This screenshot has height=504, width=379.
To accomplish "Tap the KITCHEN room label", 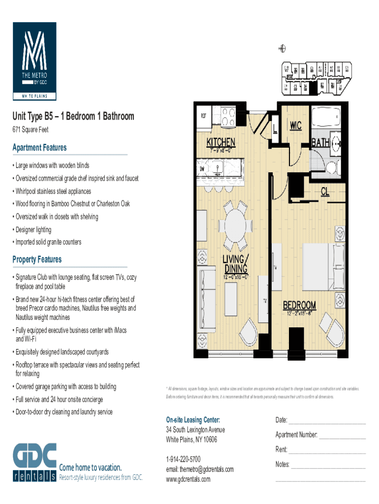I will click(221, 143).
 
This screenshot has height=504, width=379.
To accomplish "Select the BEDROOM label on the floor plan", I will click(299, 305).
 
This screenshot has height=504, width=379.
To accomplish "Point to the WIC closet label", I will click(296, 126).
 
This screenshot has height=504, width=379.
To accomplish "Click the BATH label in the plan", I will click(320, 143).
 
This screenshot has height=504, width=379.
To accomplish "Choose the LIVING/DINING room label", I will click(236, 264).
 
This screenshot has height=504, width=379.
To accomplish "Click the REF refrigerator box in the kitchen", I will click(203, 116).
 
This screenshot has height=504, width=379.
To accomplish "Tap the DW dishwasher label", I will click(202, 168).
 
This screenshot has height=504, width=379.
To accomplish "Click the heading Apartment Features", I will click(39, 148).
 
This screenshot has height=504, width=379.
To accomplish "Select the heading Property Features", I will click(37, 259).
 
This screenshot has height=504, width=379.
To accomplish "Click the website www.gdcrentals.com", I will click(188, 479).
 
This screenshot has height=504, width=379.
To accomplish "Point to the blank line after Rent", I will click(327, 450).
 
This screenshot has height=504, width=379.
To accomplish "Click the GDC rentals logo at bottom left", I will click(34, 463).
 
